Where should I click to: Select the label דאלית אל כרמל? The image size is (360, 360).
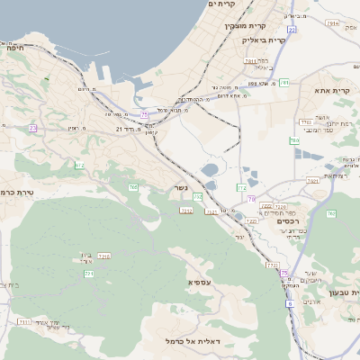click(x=194, y=341)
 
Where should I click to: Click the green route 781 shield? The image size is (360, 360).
click(x=283, y=83)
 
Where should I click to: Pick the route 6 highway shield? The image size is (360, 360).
click(x=290, y=304)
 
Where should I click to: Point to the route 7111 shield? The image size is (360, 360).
click(x=23, y=321)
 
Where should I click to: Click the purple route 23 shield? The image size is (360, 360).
click(x=33, y=129)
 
